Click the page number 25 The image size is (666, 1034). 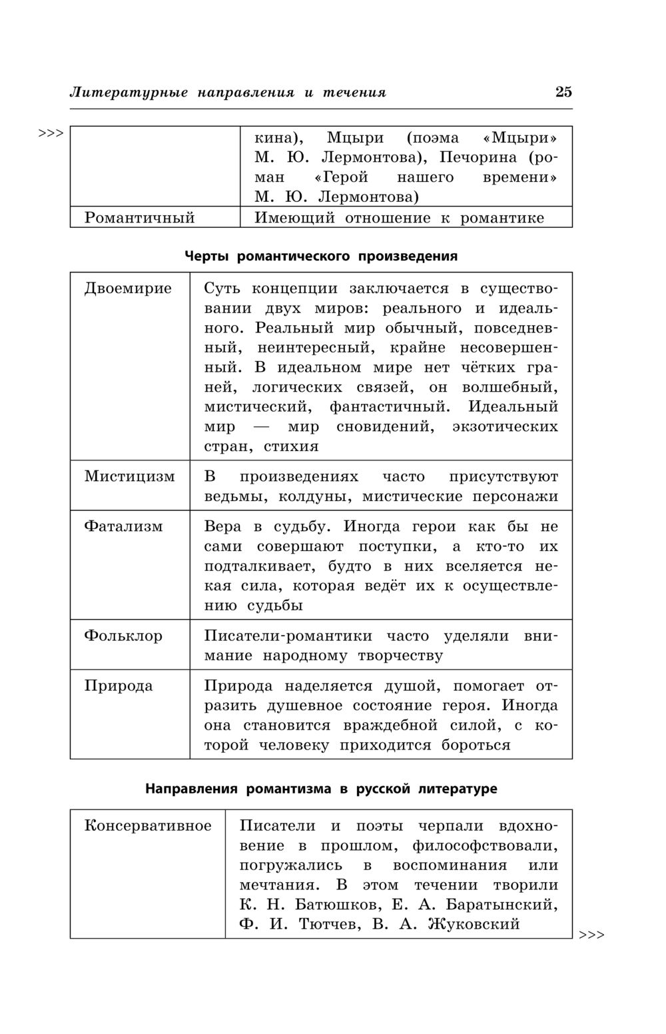click(563, 92)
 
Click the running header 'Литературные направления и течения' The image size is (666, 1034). click(228, 93)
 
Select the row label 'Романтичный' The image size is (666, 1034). click(139, 217)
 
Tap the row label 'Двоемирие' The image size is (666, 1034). click(128, 288)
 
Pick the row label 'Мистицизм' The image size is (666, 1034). click(129, 476)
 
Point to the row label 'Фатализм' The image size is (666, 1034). click(123, 526)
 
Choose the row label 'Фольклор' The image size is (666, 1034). click(123, 636)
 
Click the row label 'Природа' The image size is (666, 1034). click(119, 686)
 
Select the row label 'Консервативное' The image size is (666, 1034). click(148, 826)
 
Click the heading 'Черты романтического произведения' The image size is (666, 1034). click(321, 257)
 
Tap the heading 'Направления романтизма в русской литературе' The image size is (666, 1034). click(321, 789)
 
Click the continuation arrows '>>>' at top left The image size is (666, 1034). click(51, 133)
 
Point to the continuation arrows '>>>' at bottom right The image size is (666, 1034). click(591, 935)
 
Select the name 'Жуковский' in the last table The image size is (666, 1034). click(474, 924)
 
